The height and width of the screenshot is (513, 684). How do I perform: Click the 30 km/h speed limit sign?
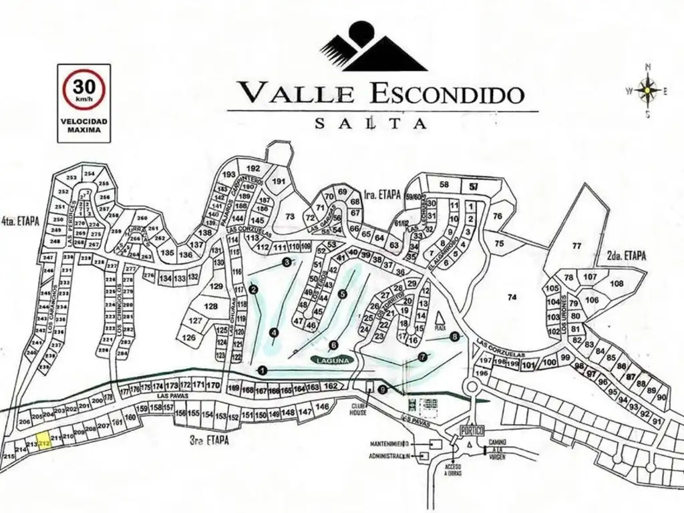(x=83, y=89)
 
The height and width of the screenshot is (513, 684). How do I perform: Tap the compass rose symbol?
(x=647, y=90)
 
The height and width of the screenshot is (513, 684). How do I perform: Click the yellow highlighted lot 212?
(x=45, y=444)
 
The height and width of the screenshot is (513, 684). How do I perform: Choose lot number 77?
(x=577, y=246)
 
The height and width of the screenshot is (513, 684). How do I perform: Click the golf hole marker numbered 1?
(x=263, y=369)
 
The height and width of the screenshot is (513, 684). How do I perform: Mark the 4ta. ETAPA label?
(x=20, y=220)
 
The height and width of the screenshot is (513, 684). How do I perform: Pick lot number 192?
(x=252, y=168)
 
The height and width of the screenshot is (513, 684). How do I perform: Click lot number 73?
(x=289, y=216)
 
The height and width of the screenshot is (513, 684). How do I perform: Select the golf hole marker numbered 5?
(x=343, y=293)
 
